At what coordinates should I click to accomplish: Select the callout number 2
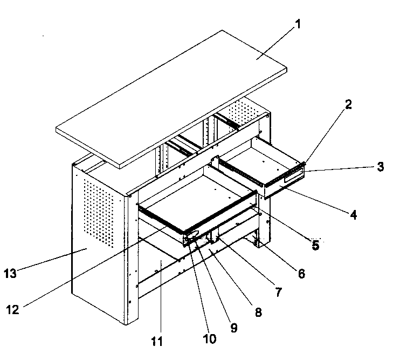349,105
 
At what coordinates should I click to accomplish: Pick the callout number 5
315,245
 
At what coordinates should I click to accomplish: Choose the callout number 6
301,274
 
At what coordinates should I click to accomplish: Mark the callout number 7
278,292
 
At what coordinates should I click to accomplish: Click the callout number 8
258,312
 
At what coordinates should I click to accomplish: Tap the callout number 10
209,338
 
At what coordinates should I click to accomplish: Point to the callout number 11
158,342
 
